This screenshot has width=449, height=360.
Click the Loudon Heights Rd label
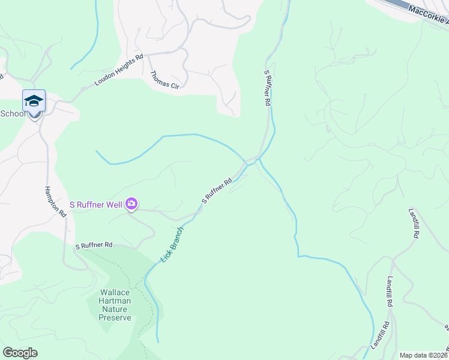(x=118, y=70)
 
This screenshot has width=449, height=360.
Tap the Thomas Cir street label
(x=164, y=81)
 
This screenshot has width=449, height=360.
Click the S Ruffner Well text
(x=96, y=205)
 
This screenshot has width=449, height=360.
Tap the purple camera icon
(x=131, y=205)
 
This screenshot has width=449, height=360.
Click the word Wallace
(x=115, y=293)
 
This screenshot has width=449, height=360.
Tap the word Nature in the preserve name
(x=115, y=310)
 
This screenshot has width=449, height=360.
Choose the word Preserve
(x=115, y=317)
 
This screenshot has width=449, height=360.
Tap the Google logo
(x=20, y=353)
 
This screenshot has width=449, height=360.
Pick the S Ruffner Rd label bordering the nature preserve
(x=94, y=245)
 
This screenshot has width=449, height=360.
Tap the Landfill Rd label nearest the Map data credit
(x=385, y=332)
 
